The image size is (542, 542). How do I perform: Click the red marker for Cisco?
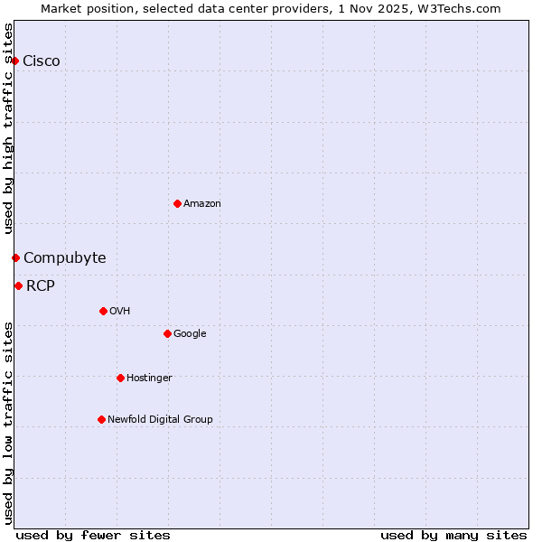pos(15,61)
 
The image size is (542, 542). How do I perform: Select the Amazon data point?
pos(177,203)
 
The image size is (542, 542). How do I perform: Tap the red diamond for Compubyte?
pos(15,257)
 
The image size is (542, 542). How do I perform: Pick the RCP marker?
pos(18,285)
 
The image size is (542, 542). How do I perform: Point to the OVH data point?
pos(103,311)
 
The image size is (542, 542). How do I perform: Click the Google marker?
pos(167,333)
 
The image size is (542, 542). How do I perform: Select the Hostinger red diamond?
pos(120,378)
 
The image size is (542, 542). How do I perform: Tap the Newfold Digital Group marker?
pos(101,419)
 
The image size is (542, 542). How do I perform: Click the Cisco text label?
pos(42,61)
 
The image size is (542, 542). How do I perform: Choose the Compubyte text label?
pos(64,258)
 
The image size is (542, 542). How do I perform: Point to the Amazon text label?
pos(202,204)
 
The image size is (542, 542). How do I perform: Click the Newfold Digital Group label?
pos(160,419)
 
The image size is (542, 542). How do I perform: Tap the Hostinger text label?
pos(149,378)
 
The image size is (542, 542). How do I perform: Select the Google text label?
pos(190,334)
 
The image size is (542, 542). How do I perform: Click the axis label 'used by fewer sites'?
pos(93,535)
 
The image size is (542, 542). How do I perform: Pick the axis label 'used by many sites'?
pos(453,535)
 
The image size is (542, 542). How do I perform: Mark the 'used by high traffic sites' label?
pos(8,128)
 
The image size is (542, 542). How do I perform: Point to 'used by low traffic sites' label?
pos(8,423)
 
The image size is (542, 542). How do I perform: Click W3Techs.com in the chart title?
pos(464,8)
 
